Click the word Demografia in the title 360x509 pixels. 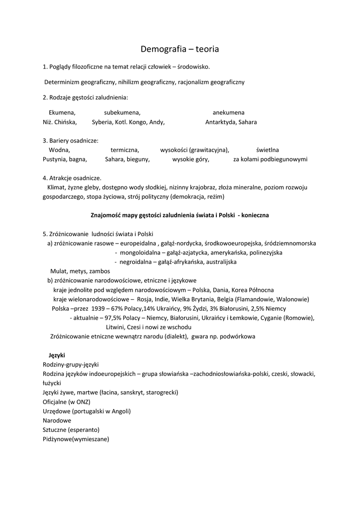pos(161,49)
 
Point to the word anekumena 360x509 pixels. pos(228,112)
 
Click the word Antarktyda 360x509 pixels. pos(220,122)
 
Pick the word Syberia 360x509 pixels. pos(102,122)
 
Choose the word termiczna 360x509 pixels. pos(125,150)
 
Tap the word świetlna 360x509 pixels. pos(268,150)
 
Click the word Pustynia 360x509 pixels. pos(54,160)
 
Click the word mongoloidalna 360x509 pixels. pos(140,253)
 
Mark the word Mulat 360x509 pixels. pos(58,271)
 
